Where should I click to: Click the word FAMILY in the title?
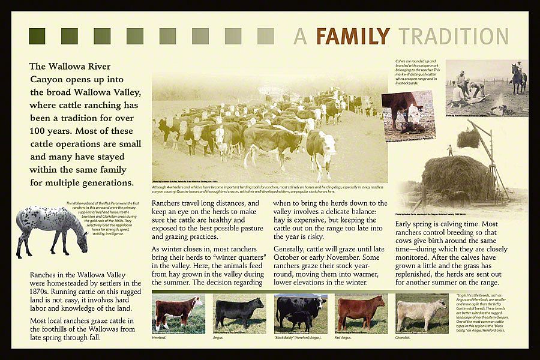click(x=352, y=37)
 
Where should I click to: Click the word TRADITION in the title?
click(x=454, y=37)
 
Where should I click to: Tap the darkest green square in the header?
click(x=37, y=36)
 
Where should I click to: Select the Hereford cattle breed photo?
click(x=178, y=313)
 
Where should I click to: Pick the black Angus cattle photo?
click(x=240, y=313)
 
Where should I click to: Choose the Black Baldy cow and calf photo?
click(x=301, y=313)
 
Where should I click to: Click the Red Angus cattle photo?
click(x=361, y=313)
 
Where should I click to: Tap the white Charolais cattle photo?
click(x=422, y=313)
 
